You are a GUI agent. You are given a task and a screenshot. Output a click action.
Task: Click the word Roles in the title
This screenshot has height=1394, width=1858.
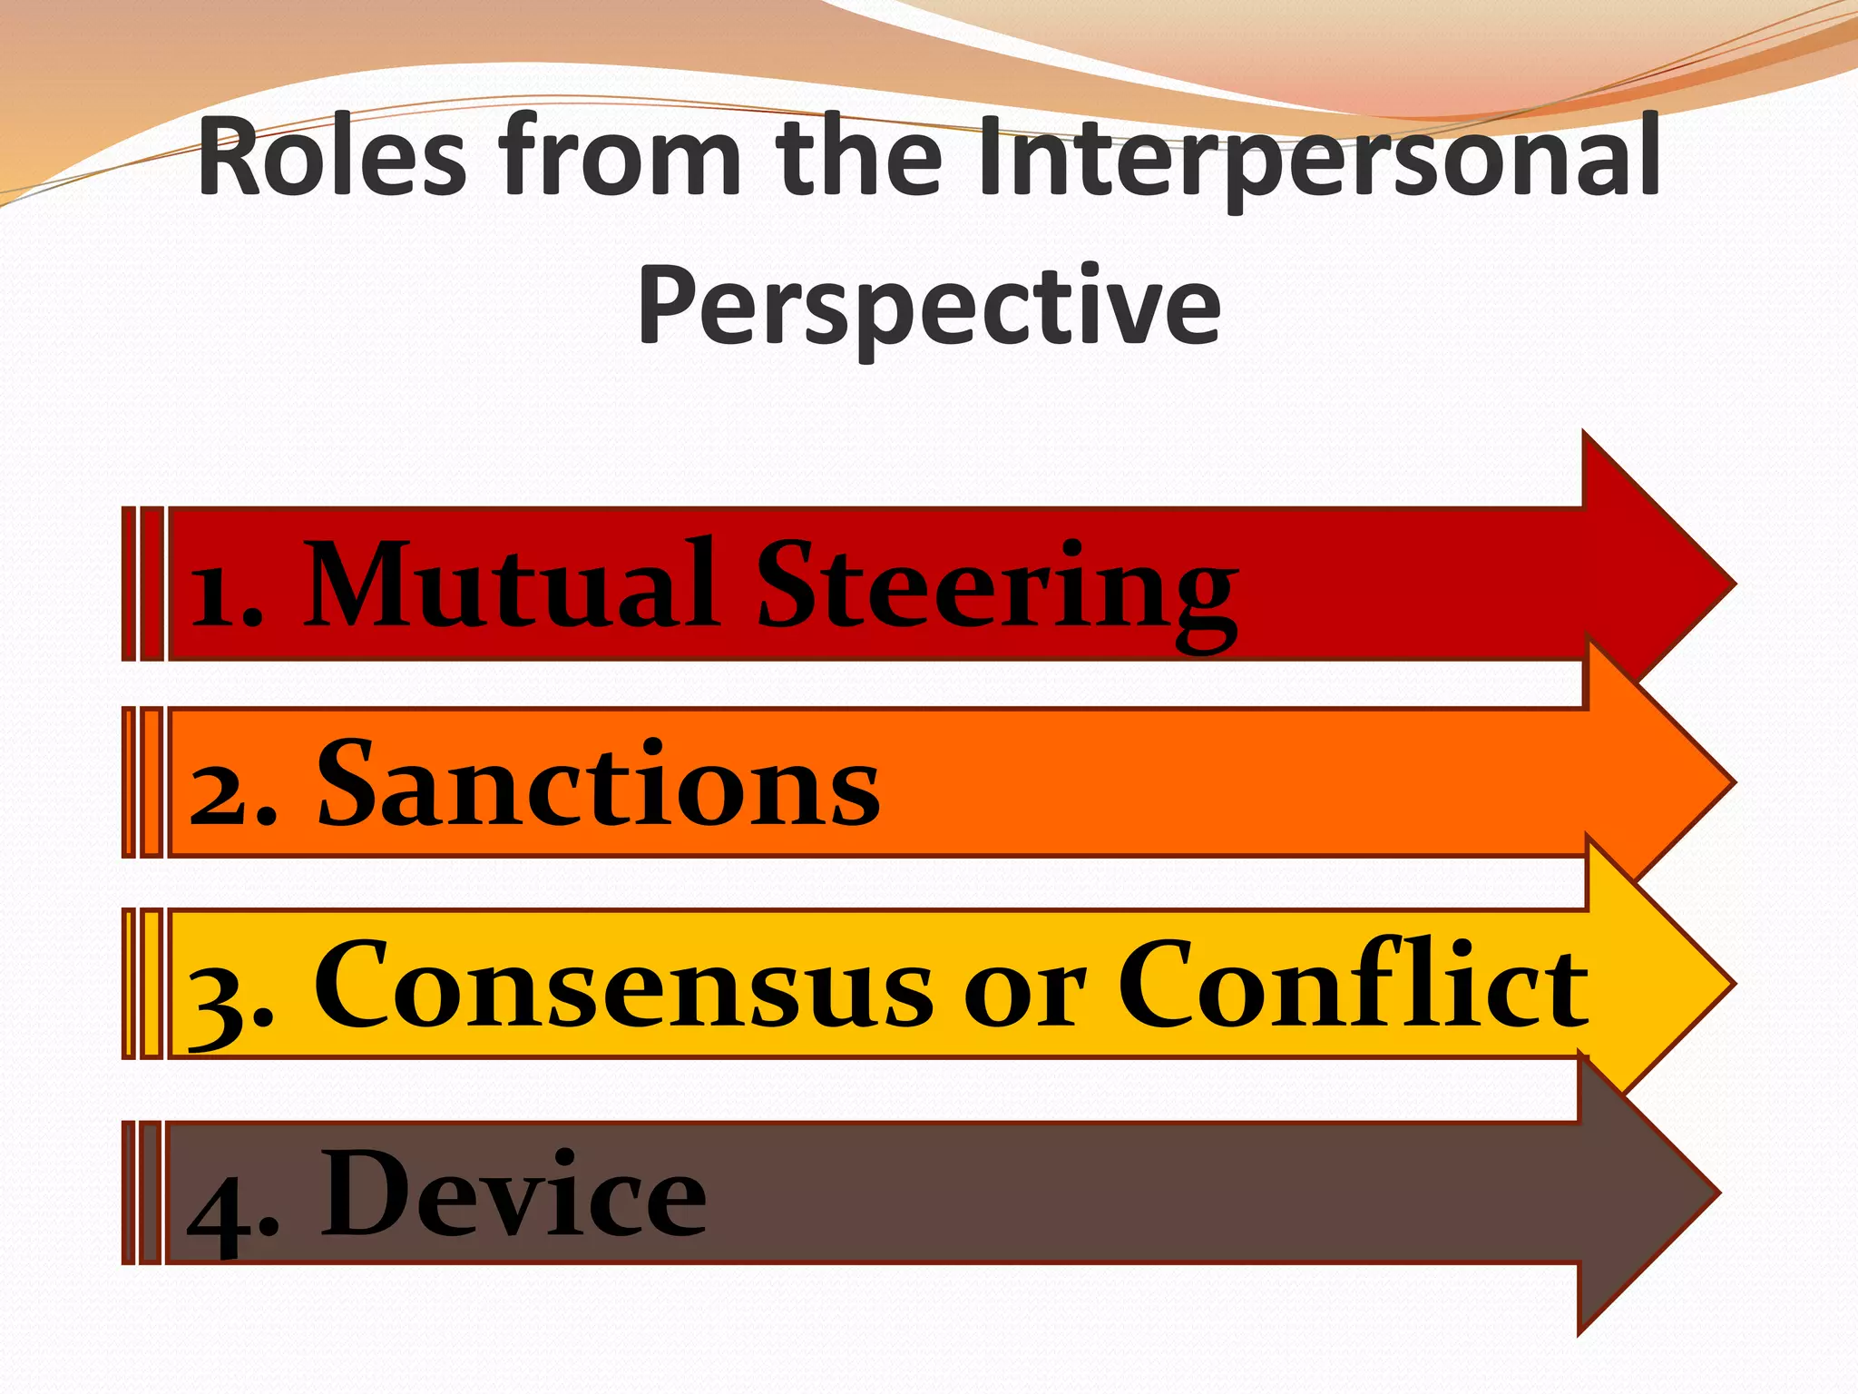click(332, 159)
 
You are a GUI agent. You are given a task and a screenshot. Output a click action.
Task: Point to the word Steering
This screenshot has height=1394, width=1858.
click(996, 590)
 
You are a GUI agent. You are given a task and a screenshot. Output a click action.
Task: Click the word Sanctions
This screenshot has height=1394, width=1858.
click(598, 784)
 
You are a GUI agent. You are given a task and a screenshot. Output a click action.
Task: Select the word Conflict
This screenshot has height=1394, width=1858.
click(1352, 984)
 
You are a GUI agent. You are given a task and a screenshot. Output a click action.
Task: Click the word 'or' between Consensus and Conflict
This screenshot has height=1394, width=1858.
click(1025, 995)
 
